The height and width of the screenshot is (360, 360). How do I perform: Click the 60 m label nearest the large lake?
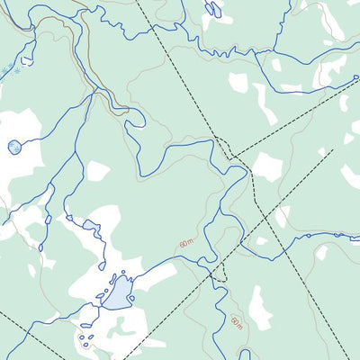coord(185,243)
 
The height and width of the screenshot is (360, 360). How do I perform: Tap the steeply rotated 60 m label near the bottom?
coord(236,322)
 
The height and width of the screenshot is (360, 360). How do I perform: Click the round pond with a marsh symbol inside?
coord(13,146)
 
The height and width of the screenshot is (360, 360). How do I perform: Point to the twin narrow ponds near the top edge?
coord(213,10)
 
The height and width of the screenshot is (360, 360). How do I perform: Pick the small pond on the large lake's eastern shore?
coord(132,297)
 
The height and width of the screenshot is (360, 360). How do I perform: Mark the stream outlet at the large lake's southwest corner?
coord(102,304)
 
